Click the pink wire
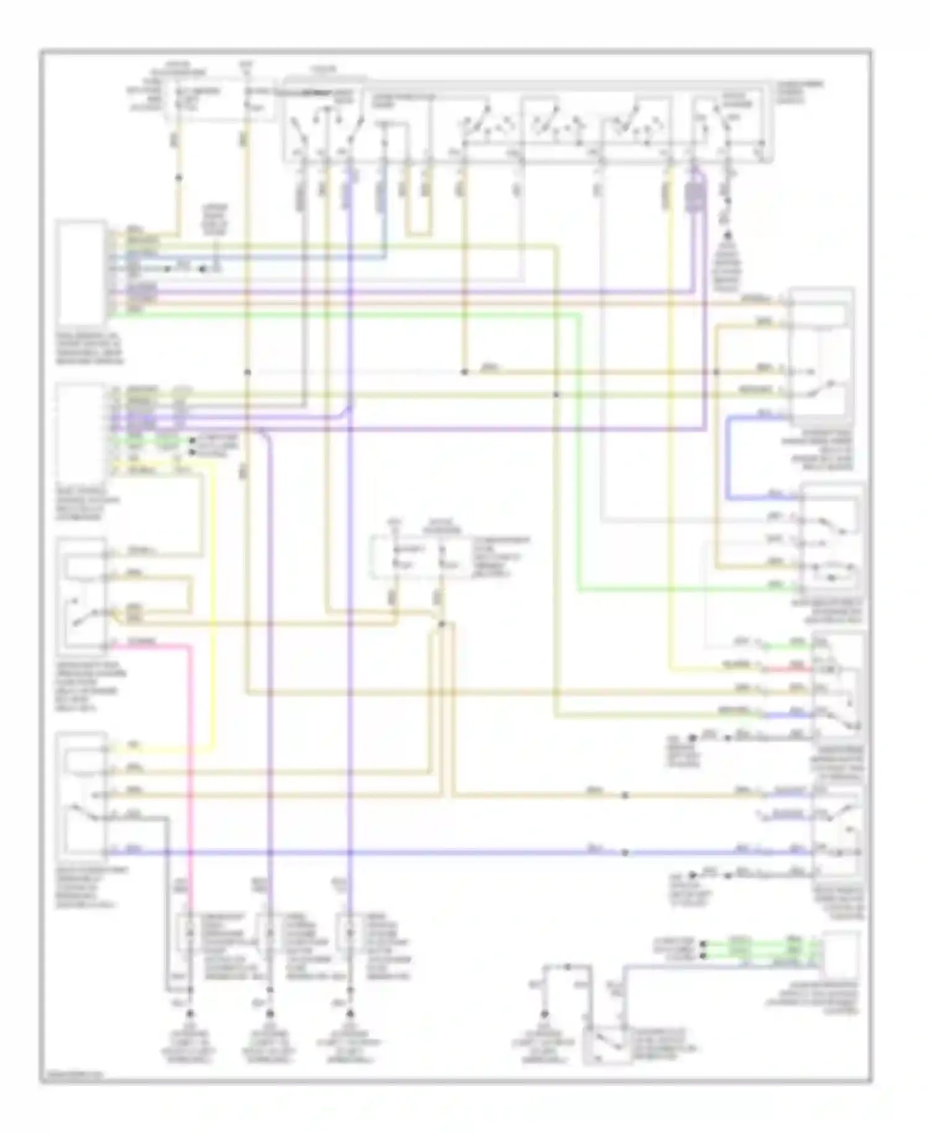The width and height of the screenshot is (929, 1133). pyautogui.click(x=190, y=744)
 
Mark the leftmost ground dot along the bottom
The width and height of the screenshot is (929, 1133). pyautogui.click(x=190, y=1014)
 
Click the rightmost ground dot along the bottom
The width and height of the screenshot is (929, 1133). pyautogui.click(x=544, y=1014)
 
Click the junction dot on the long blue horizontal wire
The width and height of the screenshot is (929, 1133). pyautogui.click(x=624, y=853)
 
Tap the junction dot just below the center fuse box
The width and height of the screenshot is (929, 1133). pyautogui.click(x=442, y=624)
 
